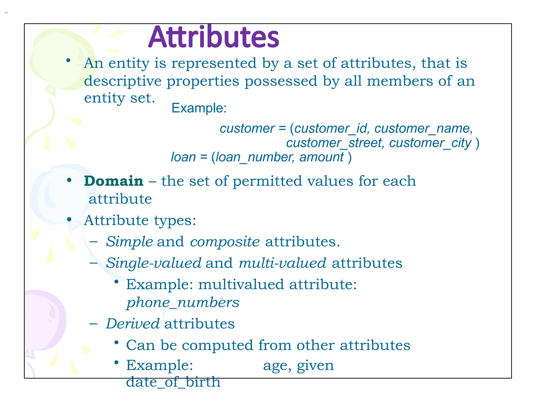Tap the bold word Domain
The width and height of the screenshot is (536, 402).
pyautogui.click(x=114, y=181)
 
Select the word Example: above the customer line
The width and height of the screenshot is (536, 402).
pyautogui.click(x=199, y=108)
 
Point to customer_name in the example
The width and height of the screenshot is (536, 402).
pyautogui.click(x=423, y=129)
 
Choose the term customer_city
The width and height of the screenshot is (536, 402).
pyautogui.click(x=430, y=143)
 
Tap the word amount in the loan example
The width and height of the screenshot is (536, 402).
pyautogui.click(x=321, y=157)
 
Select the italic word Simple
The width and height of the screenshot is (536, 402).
pyautogui.click(x=129, y=241)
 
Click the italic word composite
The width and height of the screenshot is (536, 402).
pyautogui.click(x=225, y=241)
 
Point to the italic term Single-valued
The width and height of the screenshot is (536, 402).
pyautogui.click(x=154, y=263)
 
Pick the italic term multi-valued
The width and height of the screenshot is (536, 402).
pyautogui.click(x=282, y=263)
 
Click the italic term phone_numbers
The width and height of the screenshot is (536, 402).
pyautogui.click(x=183, y=303)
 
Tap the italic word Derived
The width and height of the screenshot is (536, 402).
pyautogui.click(x=133, y=323)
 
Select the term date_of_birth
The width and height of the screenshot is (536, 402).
pyautogui.click(x=173, y=382)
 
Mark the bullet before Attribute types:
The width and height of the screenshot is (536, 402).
pyautogui.click(x=69, y=219)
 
